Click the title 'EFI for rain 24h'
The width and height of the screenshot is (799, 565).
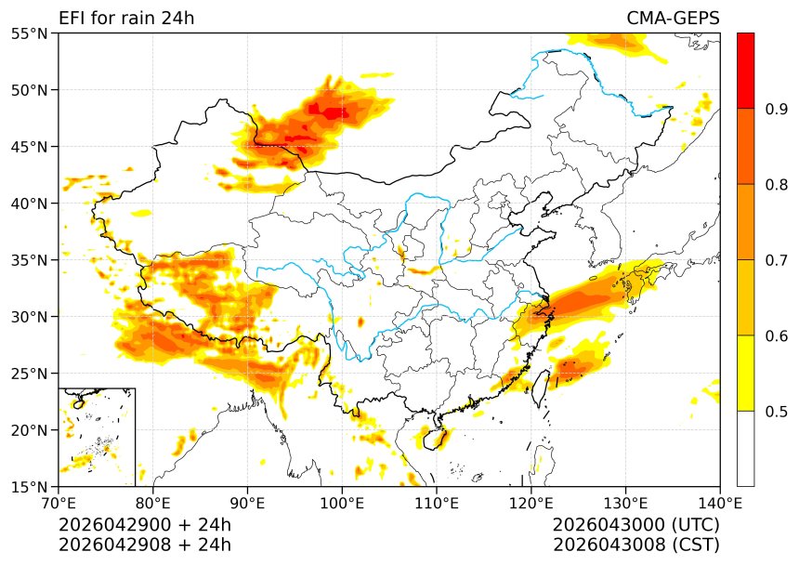click(x=126, y=19)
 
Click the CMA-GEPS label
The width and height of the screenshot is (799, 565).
click(x=673, y=19)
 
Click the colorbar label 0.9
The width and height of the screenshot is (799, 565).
click(x=777, y=110)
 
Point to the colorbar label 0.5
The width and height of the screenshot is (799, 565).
click(x=777, y=412)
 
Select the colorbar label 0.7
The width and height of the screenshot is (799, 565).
click(x=777, y=260)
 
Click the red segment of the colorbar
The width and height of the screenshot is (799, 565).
click(x=745, y=71)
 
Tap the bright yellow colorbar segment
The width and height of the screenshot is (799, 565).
click(x=745, y=373)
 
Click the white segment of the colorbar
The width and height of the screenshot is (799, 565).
click(x=745, y=448)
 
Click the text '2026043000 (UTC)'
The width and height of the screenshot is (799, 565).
click(x=635, y=525)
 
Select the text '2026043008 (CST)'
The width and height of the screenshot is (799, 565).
click(x=635, y=545)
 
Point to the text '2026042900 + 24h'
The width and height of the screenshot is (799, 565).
click(x=145, y=525)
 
